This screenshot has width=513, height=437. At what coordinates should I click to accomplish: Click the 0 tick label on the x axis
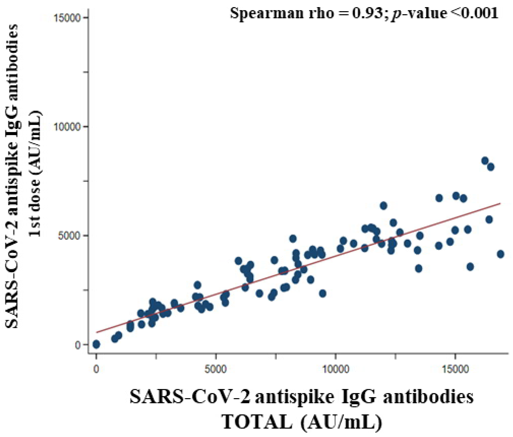[96, 369]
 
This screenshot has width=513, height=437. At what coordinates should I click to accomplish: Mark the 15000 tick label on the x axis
[455, 369]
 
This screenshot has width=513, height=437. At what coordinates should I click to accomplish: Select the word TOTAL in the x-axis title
[257, 422]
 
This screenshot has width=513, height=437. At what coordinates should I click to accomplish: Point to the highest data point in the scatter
[485, 160]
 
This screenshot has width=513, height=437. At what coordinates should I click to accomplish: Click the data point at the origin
[96, 344]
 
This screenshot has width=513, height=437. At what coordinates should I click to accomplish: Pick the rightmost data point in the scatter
[501, 254]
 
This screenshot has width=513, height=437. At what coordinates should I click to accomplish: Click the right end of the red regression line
[500, 203]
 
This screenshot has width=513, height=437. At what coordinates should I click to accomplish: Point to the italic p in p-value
[395, 14]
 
